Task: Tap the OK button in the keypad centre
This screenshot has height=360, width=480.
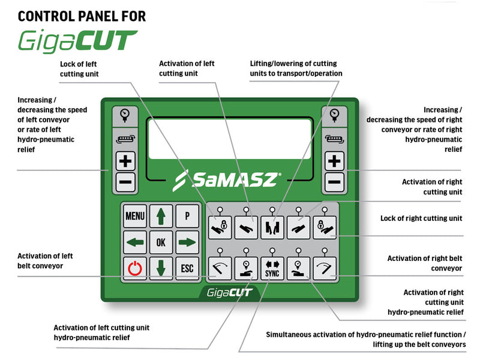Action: [161, 242]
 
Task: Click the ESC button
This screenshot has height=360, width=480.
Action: [187, 268]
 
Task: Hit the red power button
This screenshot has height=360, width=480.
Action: [135, 268]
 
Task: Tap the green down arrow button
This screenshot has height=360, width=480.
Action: [161, 268]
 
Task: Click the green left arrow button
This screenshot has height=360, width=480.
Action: [135, 242]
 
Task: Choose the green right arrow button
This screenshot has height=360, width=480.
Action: [187, 242]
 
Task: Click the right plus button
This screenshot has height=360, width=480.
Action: [335, 161]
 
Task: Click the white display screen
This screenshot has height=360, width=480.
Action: [230, 139]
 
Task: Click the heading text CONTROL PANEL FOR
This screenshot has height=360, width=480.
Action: [82, 16]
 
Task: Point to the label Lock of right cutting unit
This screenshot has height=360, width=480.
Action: [421, 218]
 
